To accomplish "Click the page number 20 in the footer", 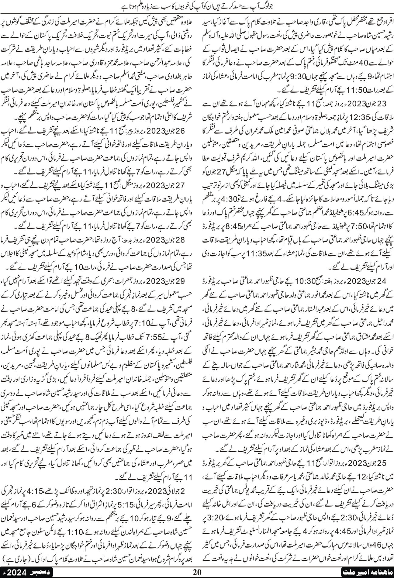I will [x=197, y=572].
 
